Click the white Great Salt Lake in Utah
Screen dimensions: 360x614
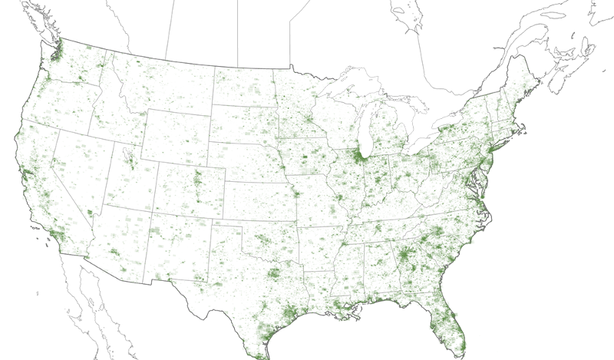click(126, 154)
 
